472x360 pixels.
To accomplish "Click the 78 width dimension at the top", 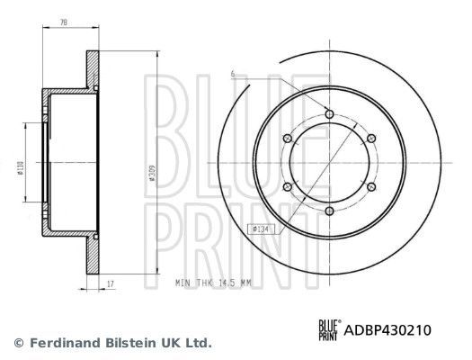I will pos(64,22).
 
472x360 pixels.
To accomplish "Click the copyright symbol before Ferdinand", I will pos(20,344).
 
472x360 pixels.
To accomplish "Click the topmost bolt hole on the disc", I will pos(329,114).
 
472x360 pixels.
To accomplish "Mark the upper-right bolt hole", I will pos(371,138).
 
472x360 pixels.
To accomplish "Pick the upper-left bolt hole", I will pos(287,139).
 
